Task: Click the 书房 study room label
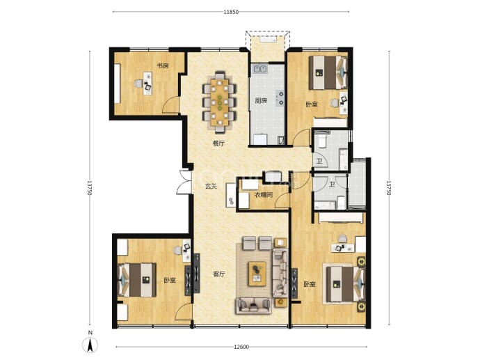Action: click(x=163, y=65)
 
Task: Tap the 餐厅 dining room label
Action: click(x=218, y=143)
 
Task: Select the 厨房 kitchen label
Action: click(x=261, y=100)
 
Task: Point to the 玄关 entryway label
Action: click(x=211, y=186)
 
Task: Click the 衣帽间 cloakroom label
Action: click(x=264, y=195)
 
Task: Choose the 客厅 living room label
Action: click(x=219, y=274)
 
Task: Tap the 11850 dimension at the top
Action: click(x=231, y=12)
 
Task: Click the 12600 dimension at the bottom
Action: click(x=241, y=347)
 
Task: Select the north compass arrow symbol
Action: click(x=90, y=345)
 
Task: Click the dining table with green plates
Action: click(x=220, y=102)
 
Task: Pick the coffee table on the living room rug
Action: click(x=257, y=274)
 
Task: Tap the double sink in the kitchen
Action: click(x=260, y=69)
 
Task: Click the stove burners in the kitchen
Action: click(x=280, y=97)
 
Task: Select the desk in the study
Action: click(x=148, y=81)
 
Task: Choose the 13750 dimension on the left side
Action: click(x=89, y=187)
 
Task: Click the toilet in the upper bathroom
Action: click(x=321, y=141)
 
